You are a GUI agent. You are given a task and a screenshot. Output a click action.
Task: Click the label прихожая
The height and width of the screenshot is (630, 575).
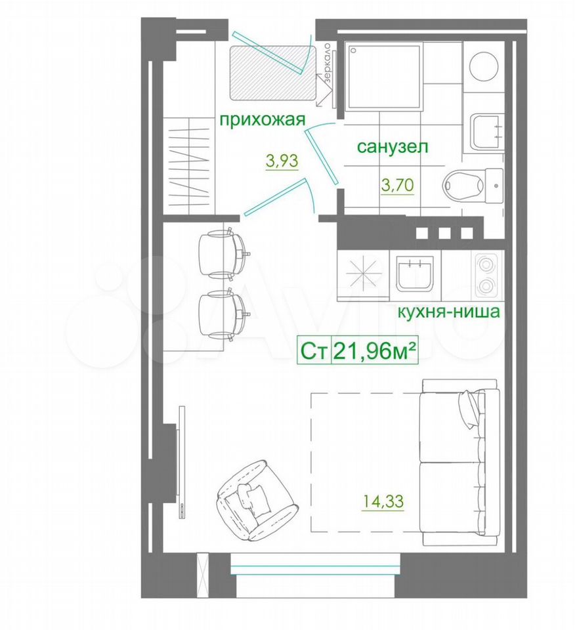pos(263,120)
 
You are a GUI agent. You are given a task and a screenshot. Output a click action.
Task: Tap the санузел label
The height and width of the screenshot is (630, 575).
pos(393,146)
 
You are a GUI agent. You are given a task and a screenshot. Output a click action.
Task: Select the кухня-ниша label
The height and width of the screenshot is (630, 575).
pos(448,312)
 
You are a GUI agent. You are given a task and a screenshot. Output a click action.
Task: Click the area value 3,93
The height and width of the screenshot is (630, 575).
pos(282,161)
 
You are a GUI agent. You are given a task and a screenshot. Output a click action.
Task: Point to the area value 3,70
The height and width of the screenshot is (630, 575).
pos(397,185)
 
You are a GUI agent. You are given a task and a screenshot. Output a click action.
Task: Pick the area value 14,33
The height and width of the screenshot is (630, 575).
pos(383,501)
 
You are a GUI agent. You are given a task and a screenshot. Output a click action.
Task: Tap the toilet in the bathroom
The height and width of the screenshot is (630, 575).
pos(473,185)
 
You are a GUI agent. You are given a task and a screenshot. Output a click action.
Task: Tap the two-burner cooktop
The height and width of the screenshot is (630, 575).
pos(486,276)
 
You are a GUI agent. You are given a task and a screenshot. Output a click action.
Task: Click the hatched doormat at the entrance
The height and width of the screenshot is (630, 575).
pos(272,73)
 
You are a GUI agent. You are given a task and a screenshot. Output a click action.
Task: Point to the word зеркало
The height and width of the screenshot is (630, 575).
pos(328,64)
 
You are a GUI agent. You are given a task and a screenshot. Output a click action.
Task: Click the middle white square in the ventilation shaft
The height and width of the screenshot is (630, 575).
pos(444,233)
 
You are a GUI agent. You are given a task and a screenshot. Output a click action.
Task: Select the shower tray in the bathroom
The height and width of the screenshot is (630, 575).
pos(385,77)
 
